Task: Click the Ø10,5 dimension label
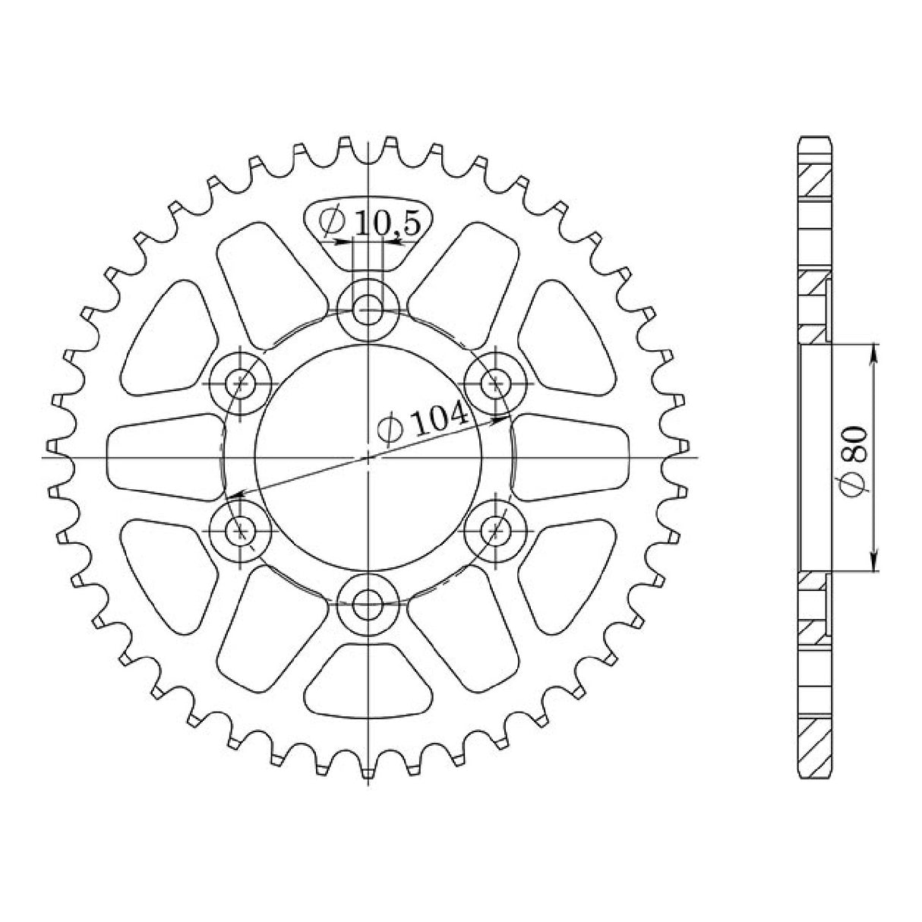click(x=369, y=223)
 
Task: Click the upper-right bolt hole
click(x=497, y=383)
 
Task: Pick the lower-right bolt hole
click(x=497, y=529)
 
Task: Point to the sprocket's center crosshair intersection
click(x=368, y=458)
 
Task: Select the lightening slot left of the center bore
click(x=163, y=457)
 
